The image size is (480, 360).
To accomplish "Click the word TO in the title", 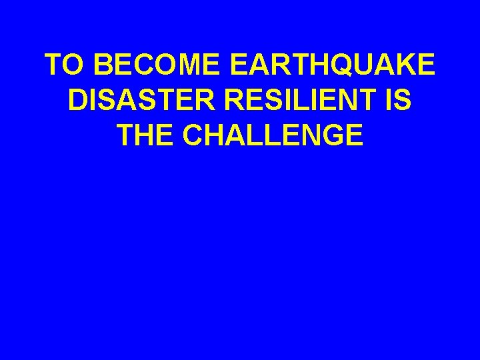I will tap(65, 65).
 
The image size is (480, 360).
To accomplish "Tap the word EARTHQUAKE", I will tap(332, 65).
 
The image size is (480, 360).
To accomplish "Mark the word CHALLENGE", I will tap(273, 135).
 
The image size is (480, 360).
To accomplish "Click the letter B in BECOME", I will tap(104, 65).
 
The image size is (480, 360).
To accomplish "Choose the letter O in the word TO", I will tap(75, 65).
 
